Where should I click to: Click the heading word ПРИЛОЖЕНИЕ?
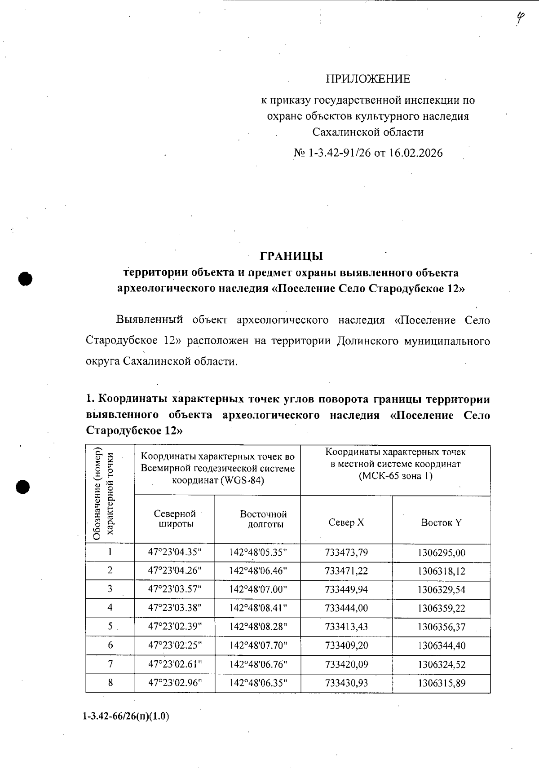click(x=367, y=79)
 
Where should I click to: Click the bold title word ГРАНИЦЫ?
click(x=291, y=256)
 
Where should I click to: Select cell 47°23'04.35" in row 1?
click(x=175, y=553)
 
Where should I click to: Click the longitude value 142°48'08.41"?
click(x=258, y=608)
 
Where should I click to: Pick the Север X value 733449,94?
click(x=346, y=589)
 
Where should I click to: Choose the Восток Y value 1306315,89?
click(x=441, y=683)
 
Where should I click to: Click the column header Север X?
click(x=346, y=522)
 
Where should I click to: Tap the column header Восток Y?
click(x=441, y=522)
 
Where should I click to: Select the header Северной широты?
click(x=175, y=519)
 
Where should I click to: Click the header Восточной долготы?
click(x=264, y=519)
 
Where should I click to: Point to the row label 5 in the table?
click(x=110, y=627)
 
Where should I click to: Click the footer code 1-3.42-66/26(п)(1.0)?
click(x=126, y=717)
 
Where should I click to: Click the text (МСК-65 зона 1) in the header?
click(x=395, y=476)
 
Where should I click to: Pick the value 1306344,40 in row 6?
click(x=441, y=645)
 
